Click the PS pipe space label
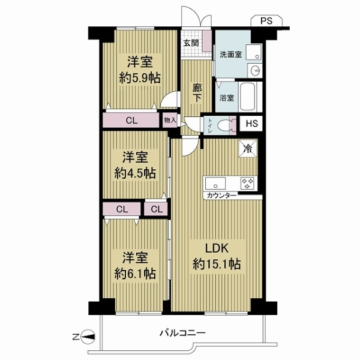pos(266,21)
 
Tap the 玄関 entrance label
pos(191,43)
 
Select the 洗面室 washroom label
pos(230,55)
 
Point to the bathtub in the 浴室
pos(247,97)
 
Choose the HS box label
pos(252,124)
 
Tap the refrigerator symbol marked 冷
pos(248,149)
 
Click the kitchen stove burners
pos(247,184)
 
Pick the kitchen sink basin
pos(215,184)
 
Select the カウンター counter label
pos(221,196)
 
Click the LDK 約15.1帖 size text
pos(217,256)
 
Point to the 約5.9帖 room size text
pos(139,78)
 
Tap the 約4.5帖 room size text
pos(135,173)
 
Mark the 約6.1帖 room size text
pos(135,274)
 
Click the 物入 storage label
pos(170,120)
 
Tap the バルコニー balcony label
pos(182,332)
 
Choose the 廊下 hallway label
pos(197,92)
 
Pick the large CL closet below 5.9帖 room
pos(131,120)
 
